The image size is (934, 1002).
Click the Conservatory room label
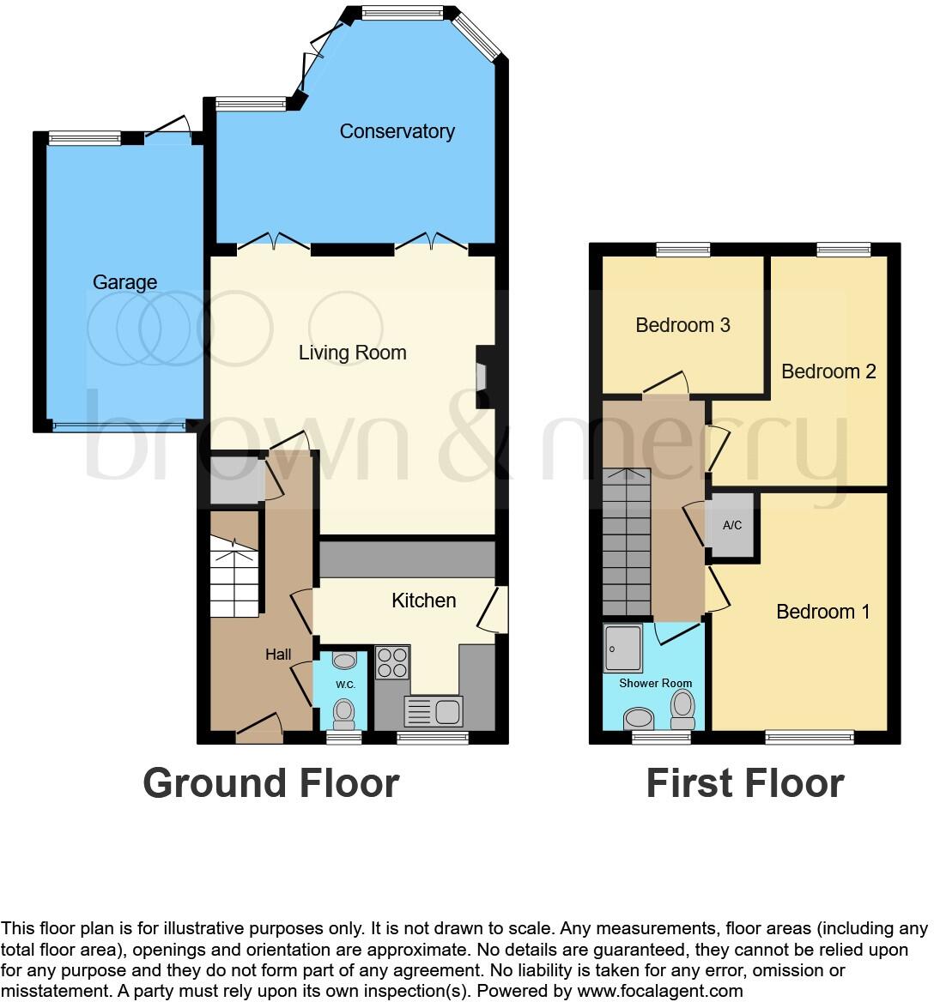[x=397, y=131]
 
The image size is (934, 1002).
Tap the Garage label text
[x=124, y=282]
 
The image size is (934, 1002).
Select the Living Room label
[x=352, y=353]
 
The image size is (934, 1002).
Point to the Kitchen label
[x=423, y=601]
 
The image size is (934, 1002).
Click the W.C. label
[x=346, y=685]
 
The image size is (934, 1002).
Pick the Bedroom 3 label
[x=682, y=325]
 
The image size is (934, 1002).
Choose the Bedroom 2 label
[x=828, y=371]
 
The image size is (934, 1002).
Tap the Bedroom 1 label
[x=822, y=612]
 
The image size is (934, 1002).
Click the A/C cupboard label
[x=732, y=525]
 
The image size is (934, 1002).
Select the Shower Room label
[x=655, y=683]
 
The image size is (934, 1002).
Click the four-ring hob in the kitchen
[x=392, y=663]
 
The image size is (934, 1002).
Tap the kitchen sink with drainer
[x=434, y=711]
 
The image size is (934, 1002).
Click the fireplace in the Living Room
[x=482, y=377]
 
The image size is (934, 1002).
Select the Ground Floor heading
[x=270, y=783]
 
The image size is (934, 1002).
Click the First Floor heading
[x=744, y=783]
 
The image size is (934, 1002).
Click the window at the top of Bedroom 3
[x=683, y=250]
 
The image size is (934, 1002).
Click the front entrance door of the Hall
[x=258, y=731]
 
